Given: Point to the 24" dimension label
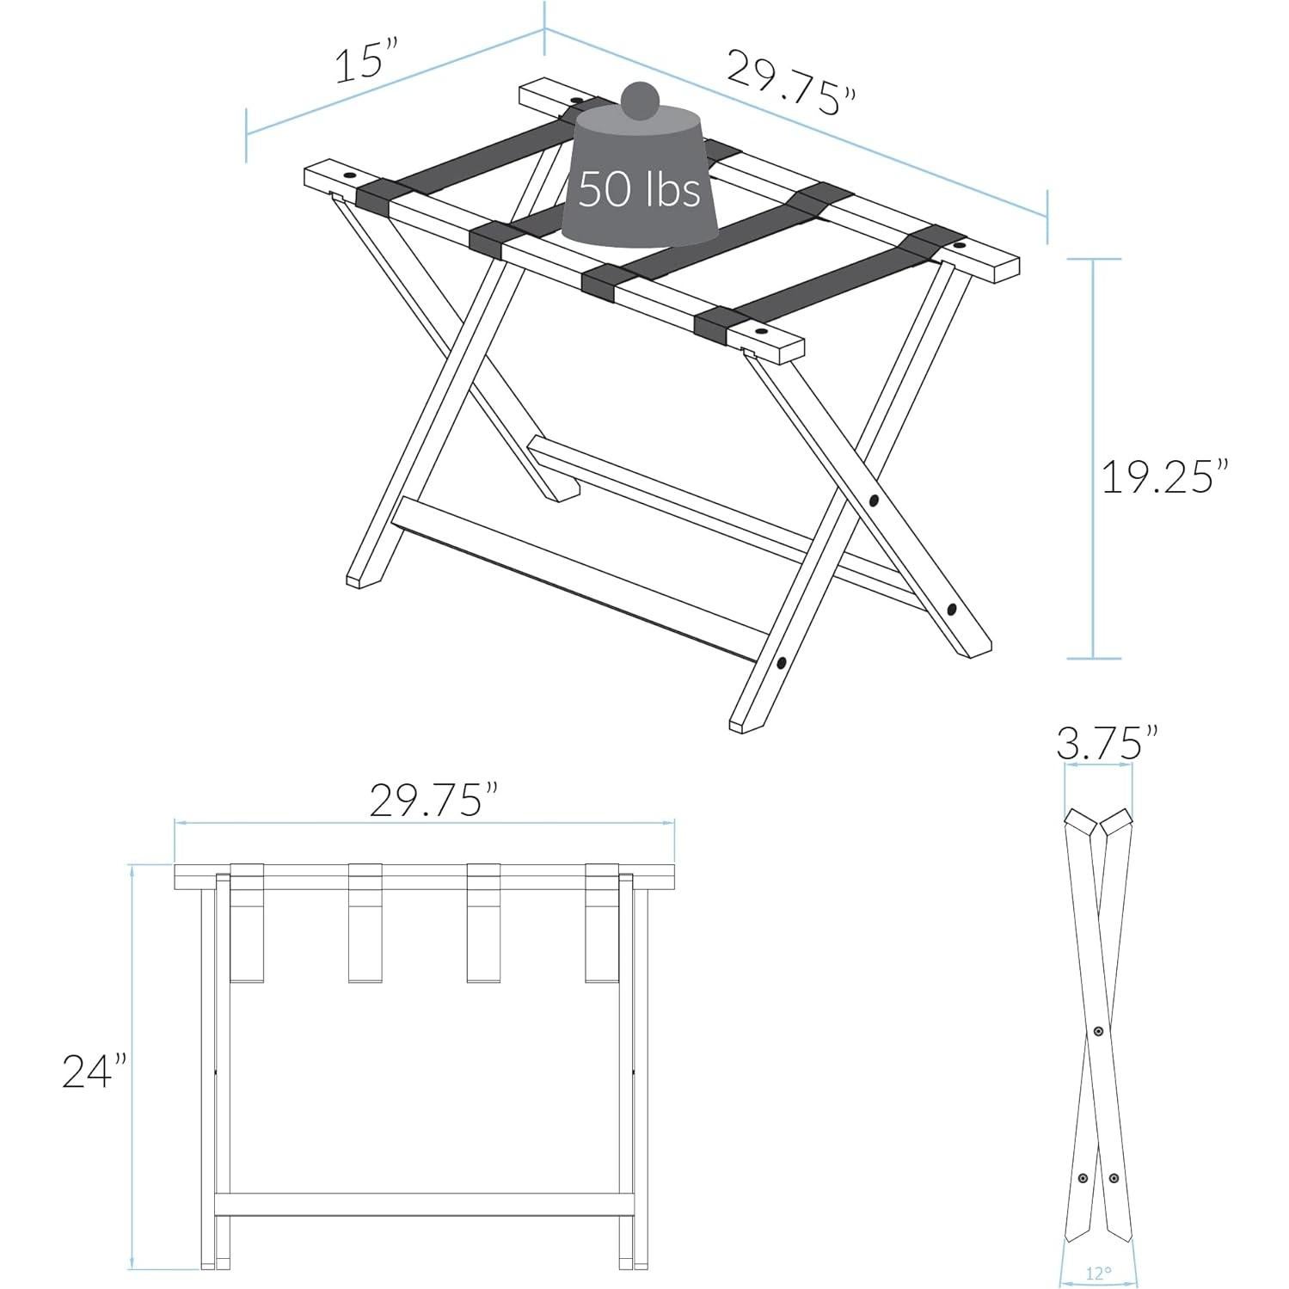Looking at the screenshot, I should [x=94, y=1071].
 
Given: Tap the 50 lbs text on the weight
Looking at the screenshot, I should [x=639, y=189].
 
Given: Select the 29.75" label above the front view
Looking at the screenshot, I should [x=435, y=801].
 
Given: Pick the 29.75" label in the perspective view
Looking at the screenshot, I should [x=791, y=83].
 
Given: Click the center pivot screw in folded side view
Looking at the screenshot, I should [x=1097, y=1030].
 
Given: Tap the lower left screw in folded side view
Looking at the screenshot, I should [x=1083, y=1177].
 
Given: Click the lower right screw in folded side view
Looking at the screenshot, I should [x=1114, y=1177].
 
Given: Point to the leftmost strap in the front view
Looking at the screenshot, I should [x=247, y=922].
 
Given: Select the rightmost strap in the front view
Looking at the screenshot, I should [x=602, y=922].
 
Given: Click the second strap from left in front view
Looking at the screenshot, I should [x=365, y=922].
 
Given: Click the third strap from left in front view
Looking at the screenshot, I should [x=483, y=922].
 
